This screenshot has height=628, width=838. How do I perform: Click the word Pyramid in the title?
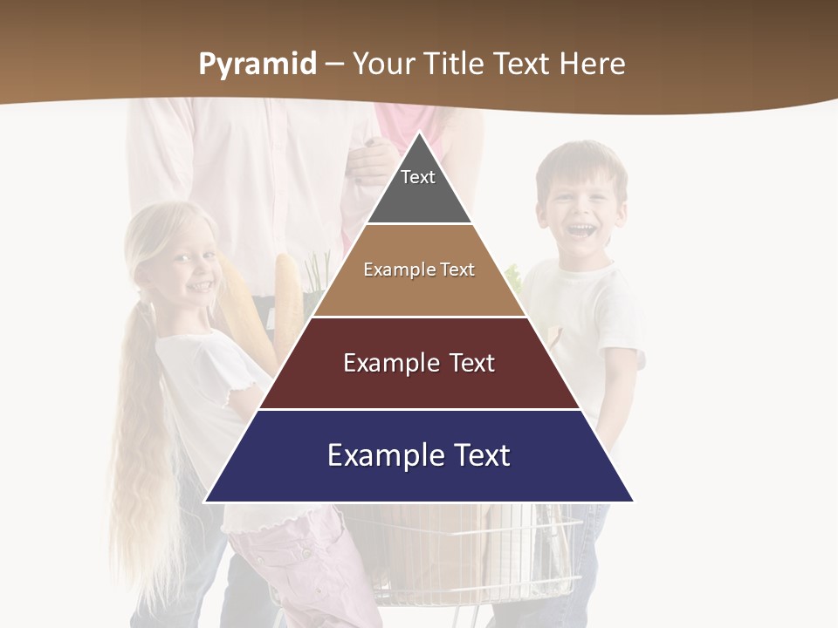click(258, 65)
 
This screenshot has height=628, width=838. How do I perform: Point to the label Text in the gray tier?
click(418, 177)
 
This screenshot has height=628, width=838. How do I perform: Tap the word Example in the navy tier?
click(385, 455)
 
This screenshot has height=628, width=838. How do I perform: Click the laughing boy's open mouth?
click(581, 231)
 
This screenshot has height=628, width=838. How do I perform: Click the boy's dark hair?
click(580, 161)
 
